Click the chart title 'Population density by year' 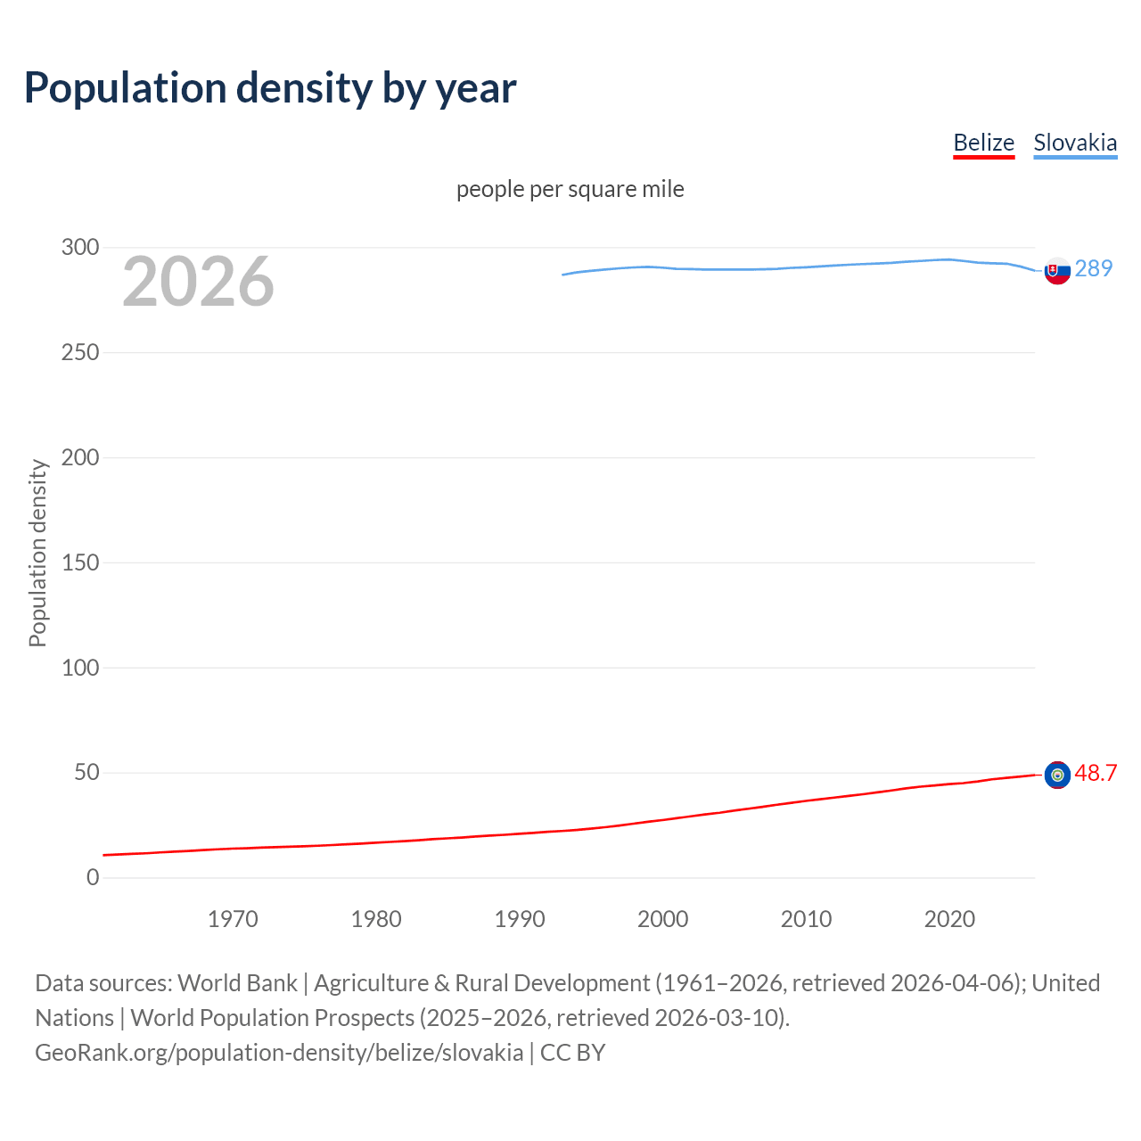pyautogui.click(x=270, y=88)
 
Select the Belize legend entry pyautogui.click(x=983, y=143)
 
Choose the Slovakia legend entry pyautogui.click(x=1074, y=143)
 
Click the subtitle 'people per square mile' pyautogui.click(x=570, y=189)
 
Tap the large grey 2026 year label pyautogui.click(x=198, y=282)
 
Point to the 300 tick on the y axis pyautogui.click(x=80, y=247)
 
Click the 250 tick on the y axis pyautogui.click(x=80, y=352)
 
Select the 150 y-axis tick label pyautogui.click(x=80, y=562)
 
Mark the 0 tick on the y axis pyautogui.click(x=93, y=877)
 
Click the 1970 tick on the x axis pyautogui.click(x=233, y=919)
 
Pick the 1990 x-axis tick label pyautogui.click(x=520, y=919)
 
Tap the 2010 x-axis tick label pyautogui.click(x=806, y=919)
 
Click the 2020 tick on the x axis pyautogui.click(x=949, y=919)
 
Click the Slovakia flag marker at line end pyautogui.click(x=1057, y=271)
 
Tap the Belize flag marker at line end pyautogui.click(x=1057, y=776)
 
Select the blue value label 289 pyautogui.click(x=1094, y=268)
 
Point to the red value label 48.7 pyautogui.click(x=1096, y=773)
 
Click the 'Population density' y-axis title pyautogui.click(x=37, y=553)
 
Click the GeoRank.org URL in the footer pyautogui.click(x=279, y=1053)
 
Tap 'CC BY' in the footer pyautogui.click(x=572, y=1053)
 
